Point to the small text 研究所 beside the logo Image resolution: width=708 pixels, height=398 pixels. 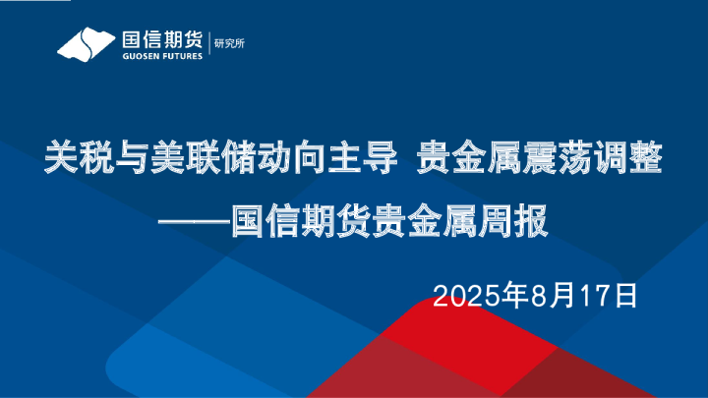click(231, 43)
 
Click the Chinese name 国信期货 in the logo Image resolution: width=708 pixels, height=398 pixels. click(162, 40)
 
